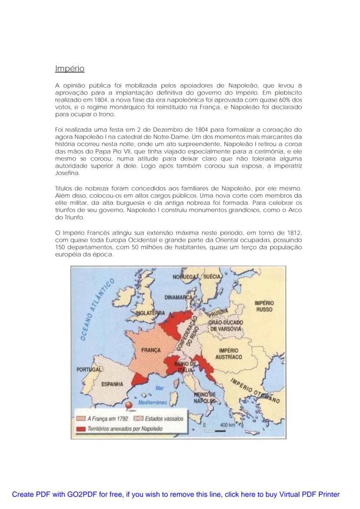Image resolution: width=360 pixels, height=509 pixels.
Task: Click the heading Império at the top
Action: tap(70, 69)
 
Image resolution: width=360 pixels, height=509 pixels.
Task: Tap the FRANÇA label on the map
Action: tap(151, 350)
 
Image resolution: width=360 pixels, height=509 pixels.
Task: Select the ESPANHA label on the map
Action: tap(112, 384)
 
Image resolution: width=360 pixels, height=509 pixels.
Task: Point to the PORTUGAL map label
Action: tap(89, 369)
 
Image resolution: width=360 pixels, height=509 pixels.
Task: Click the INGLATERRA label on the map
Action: tap(150, 313)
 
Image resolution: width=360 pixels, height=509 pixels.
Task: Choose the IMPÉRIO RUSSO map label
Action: tap(264, 306)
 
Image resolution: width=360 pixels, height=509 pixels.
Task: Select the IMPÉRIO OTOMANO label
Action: tap(255, 389)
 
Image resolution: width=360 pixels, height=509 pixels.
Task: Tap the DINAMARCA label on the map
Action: tap(178, 298)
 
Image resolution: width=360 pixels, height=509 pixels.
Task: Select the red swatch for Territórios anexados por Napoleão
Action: tap(80, 429)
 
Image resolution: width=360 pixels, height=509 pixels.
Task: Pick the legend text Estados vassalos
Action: tap(164, 419)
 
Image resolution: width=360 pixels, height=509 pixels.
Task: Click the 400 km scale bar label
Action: tap(227, 424)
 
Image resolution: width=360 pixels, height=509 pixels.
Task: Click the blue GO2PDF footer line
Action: tap(176, 494)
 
